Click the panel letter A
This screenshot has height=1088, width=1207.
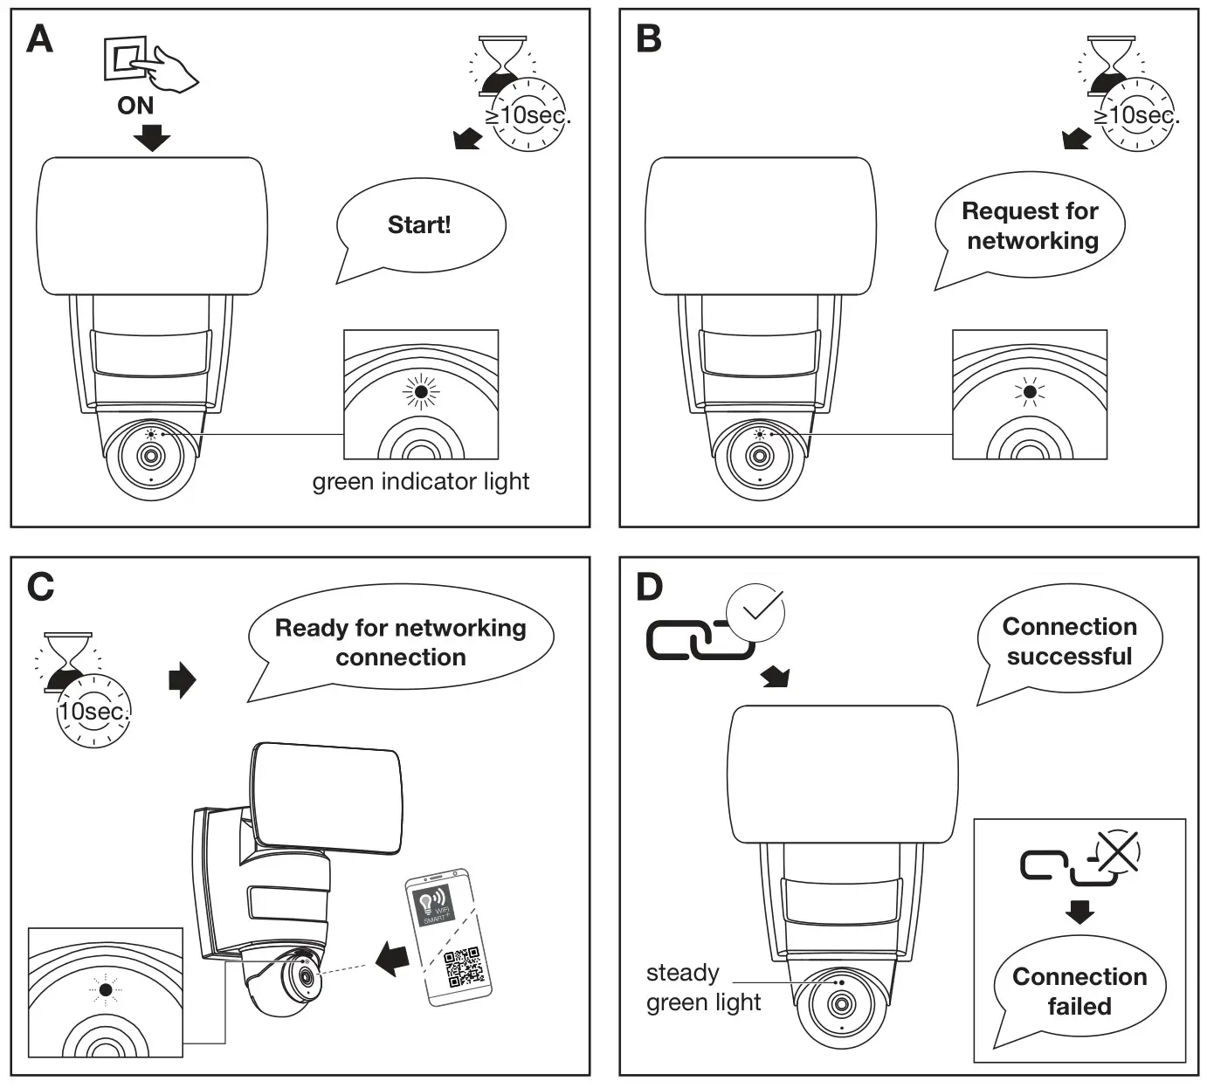coord(40,39)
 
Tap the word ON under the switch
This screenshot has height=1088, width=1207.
coord(135,106)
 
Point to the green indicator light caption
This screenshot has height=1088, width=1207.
coord(421,481)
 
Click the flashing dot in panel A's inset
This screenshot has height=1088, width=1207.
coord(421,394)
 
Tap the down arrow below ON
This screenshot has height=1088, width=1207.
coord(152,137)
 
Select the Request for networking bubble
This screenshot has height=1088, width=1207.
coord(1031,226)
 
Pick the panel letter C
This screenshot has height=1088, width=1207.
coord(40,587)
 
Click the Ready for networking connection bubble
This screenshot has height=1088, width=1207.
coord(401,643)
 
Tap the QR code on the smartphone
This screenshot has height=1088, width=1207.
coord(463,967)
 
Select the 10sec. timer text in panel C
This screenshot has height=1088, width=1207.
coord(93,712)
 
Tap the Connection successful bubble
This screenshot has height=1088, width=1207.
coord(1069,642)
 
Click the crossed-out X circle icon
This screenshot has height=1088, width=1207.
coord(1118,852)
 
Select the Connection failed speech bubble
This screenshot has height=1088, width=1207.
coord(1079,991)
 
